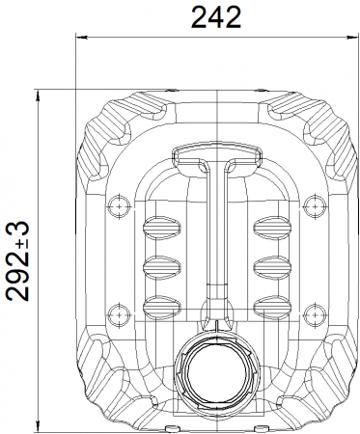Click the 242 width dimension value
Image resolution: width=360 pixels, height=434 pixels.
216,16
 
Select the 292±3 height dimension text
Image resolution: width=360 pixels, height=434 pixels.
18,261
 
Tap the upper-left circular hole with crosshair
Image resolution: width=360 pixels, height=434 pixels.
119,206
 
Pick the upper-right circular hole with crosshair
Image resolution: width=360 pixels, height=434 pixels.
316,206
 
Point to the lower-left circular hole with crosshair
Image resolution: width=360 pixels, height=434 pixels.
119,314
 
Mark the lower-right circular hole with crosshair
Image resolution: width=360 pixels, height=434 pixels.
316,314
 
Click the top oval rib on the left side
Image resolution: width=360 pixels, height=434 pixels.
161,228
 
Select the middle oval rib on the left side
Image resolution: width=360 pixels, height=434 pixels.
161,267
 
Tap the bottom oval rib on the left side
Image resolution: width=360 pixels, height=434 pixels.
161,307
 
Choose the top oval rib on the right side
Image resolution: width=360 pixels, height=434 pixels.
272,228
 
